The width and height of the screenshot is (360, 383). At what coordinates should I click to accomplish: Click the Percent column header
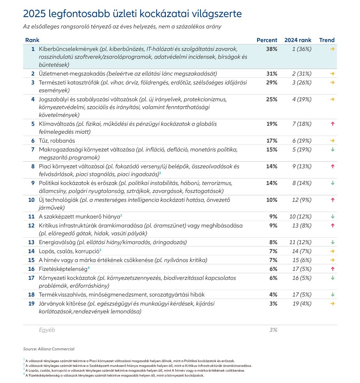point(267,40)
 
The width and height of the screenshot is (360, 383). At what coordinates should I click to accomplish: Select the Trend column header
point(327,40)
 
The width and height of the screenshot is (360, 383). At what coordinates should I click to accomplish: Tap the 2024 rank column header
point(298,40)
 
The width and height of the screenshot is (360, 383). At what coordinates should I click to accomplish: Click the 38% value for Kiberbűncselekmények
point(271,49)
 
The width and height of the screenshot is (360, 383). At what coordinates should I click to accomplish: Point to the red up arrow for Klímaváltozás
point(333,124)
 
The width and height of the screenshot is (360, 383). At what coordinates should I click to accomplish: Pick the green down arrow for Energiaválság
point(333,242)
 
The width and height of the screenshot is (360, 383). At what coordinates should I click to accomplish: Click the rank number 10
point(31,200)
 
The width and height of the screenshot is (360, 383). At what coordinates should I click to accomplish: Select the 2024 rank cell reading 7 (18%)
point(302,124)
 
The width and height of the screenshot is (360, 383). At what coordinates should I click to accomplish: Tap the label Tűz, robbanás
point(57,141)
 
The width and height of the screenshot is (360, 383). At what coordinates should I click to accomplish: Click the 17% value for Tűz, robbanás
point(272,141)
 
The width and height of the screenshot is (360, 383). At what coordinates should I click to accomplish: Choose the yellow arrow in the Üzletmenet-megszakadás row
point(332,74)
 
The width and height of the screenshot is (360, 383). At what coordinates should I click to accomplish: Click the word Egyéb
point(47,330)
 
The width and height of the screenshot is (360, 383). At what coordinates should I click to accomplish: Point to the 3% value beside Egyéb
point(273,330)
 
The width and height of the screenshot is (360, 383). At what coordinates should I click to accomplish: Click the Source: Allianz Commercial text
point(49,349)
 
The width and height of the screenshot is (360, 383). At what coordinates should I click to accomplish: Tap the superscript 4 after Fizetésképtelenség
point(89,268)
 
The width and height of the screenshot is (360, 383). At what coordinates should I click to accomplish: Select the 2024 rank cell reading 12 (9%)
point(302,200)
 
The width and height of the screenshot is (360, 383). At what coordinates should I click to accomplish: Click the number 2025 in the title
point(34,14)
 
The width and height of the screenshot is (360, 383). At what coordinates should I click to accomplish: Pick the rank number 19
point(31,304)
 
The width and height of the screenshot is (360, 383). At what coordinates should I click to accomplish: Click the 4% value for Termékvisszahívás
point(273,295)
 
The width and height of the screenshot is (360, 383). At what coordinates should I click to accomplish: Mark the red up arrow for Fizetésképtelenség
point(333,269)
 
